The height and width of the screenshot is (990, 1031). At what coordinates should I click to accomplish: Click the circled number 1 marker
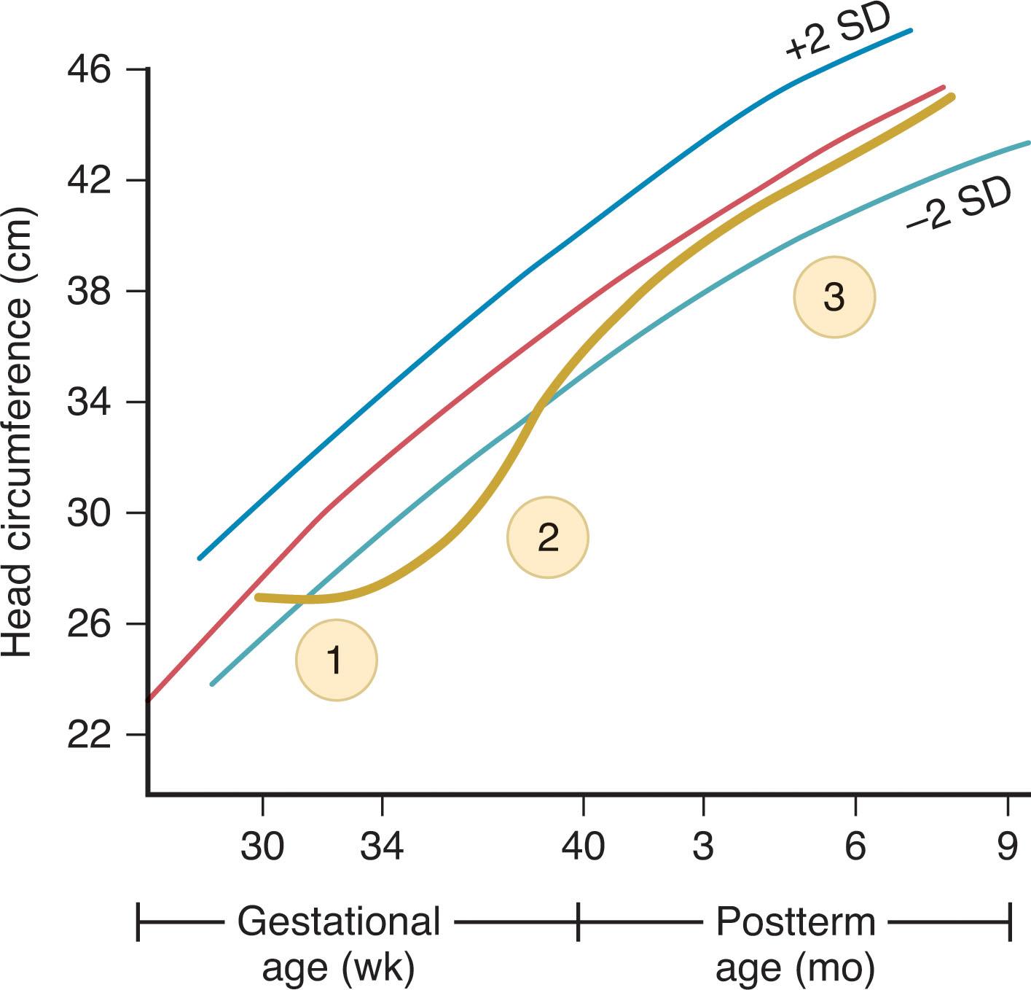click(x=336, y=660)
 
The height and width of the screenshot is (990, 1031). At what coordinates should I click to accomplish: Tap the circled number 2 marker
click(x=547, y=537)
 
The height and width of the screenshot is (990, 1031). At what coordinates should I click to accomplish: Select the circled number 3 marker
click(x=834, y=297)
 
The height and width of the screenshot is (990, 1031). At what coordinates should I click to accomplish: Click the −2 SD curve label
click(x=959, y=203)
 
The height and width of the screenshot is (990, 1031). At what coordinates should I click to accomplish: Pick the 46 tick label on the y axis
click(x=89, y=70)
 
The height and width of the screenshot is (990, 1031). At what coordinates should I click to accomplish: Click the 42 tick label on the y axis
click(x=89, y=180)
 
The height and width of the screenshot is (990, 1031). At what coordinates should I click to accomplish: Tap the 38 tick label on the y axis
click(x=89, y=291)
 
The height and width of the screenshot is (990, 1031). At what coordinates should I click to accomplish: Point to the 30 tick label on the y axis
click(x=89, y=513)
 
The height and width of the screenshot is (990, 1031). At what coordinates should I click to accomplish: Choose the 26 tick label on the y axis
click(x=89, y=624)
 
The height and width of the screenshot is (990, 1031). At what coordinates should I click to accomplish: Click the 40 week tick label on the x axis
click(x=583, y=846)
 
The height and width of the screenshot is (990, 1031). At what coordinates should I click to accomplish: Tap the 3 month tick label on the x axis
click(x=703, y=846)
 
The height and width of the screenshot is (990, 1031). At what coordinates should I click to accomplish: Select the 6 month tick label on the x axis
click(x=855, y=846)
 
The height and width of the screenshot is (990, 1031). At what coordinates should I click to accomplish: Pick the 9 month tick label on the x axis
click(x=1007, y=846)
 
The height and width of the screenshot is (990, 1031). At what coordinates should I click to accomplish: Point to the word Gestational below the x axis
click(x=339, y=921)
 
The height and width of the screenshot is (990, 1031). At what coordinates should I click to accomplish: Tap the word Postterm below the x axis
click(x=795, y=921)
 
